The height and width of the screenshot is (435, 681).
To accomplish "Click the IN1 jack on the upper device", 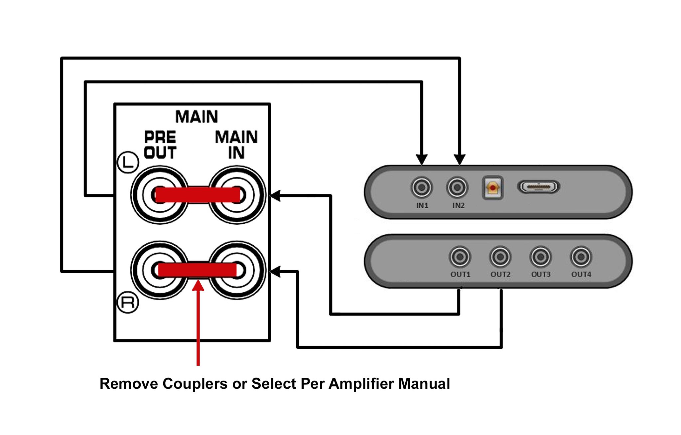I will tap(422, 187).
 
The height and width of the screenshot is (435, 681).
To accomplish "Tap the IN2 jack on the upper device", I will tap(457, 187).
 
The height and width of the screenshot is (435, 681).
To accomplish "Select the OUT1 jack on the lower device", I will tap(460, 257).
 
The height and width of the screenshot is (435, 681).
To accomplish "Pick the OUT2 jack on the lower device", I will tap(500, 257).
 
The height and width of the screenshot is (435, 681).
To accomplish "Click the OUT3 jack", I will tap(541, 257).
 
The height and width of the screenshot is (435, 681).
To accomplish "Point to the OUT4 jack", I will tap(581, 257).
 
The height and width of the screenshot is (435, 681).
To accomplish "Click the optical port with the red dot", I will tap(492, 188).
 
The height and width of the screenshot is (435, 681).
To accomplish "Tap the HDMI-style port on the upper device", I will tap(538, 187).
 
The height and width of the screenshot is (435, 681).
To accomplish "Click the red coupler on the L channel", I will tap(198, 195).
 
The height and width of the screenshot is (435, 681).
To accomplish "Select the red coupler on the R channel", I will tap(198, 270).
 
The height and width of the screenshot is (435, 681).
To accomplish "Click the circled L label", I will tap(128, 162).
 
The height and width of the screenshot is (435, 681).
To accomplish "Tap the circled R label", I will tap(128, 303).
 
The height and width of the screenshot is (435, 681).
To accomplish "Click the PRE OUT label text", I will tap(160, 145).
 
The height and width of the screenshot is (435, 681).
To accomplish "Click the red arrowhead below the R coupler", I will tap(198, 285).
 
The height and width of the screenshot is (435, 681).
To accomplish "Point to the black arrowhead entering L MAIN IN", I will tap(275, 196).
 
